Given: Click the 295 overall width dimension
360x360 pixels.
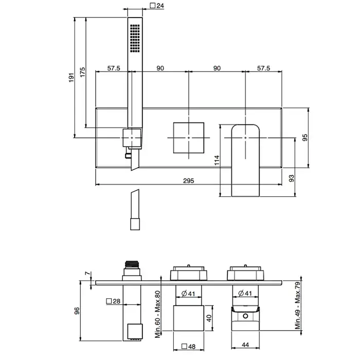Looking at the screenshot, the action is pos(189,181).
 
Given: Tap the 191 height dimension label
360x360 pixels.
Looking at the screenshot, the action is pos(71,77).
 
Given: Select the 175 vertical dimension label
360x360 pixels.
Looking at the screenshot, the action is pos(82,72).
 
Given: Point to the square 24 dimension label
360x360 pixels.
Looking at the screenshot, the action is pos(157,5).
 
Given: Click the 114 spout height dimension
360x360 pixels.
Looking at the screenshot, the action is pos(217,160).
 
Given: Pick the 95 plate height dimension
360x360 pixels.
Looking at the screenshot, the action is pos(304,137).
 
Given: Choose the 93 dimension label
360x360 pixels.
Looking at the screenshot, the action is pos(291,178).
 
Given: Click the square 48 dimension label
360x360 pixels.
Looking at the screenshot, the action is pos(189,347).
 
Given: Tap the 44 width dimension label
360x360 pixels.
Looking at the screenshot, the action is pos(245,345).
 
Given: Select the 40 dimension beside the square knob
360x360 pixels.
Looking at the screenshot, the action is pos(209,318).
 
